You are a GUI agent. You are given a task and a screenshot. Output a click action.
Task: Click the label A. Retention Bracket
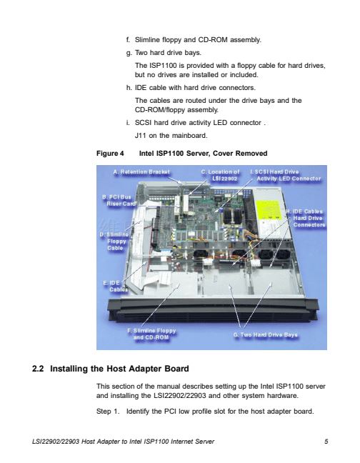141,172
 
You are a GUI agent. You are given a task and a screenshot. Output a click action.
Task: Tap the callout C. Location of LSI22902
220,175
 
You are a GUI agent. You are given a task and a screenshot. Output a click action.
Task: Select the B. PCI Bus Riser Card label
119,200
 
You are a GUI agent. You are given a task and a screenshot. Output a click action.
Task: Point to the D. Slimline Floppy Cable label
114,242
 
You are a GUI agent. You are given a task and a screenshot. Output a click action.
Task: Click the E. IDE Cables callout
116,286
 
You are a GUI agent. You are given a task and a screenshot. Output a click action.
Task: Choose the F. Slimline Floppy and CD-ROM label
151,334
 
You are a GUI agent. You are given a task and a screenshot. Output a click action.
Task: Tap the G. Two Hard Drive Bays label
265,334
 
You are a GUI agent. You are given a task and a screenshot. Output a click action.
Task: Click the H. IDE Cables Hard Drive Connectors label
306,218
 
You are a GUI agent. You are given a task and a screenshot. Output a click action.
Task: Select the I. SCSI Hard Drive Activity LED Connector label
285,175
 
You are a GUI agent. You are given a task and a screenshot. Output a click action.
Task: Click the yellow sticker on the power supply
269,210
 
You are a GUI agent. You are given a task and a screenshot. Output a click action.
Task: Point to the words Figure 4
110,154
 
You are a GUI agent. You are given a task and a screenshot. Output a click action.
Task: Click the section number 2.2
38,369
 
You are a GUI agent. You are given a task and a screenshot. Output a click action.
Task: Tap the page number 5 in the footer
326,442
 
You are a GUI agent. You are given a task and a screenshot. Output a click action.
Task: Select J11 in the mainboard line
140,136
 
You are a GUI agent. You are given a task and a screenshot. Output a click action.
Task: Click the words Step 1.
108,412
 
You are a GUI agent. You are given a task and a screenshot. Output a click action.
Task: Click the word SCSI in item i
143,123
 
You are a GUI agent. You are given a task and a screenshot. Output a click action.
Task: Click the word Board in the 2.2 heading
178,369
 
